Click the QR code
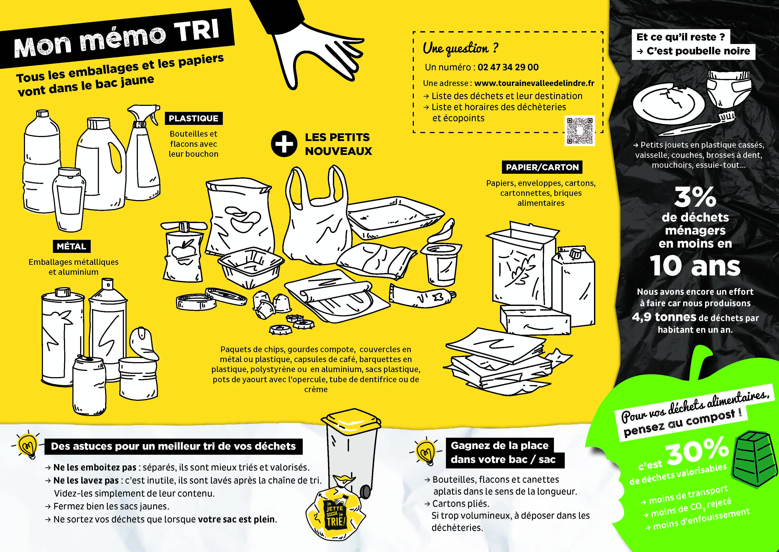point(580,131)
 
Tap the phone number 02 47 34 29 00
point(508,67)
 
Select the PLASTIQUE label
point(194,118)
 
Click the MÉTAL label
point(71,246)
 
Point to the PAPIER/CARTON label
point(542,167)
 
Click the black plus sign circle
point(284,144)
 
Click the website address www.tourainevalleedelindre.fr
point(534,83)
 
